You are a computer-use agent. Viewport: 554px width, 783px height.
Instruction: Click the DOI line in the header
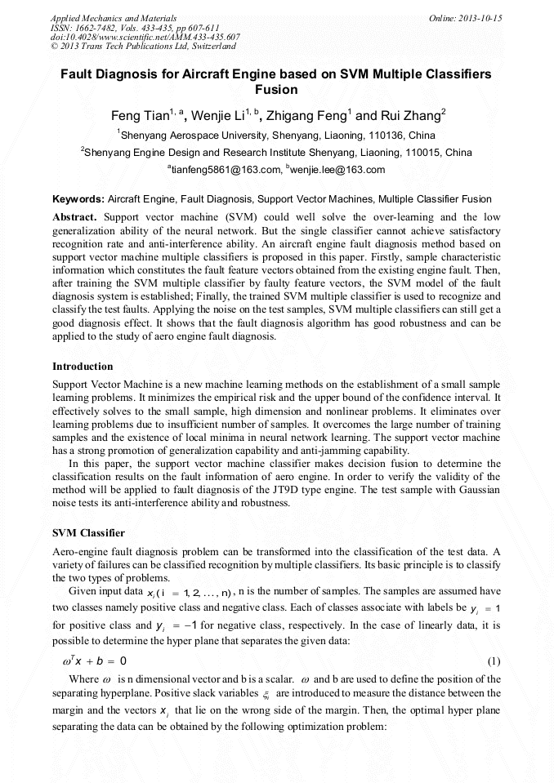pyautogui.click(x=145, y=38)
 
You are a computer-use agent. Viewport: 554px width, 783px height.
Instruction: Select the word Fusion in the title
pyautogui.click(x=276, y=90)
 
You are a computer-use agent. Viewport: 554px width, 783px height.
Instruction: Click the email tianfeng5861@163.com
pyautogui.click(x=226, y=170)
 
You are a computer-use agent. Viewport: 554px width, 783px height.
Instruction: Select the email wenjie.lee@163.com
pyautogui.click(x=337, y=170)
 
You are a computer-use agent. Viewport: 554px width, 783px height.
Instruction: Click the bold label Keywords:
pyautogui.click(x=78, y=198)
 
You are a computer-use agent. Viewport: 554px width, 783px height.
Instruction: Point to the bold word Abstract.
pyautogui.click(x=74, y=217)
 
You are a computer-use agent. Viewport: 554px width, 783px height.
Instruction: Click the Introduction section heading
pyautogui.click(x=83, y=367)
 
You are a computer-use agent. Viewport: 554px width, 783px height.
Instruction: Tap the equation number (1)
pyautogui.click(x=493, y=660)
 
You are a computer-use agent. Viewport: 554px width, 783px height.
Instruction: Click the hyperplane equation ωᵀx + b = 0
pyautogui.click(x=90, y=660)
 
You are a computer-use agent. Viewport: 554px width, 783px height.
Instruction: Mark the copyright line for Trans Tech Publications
pyautogui.click(x=144, y=47)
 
